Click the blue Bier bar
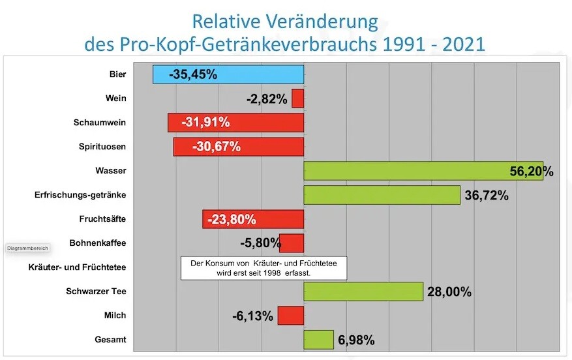[228, 74]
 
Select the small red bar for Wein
[297, 98]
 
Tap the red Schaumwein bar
[235, 123]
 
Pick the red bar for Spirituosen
[238, 147]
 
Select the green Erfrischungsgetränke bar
[382, 195]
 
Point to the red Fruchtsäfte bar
[253, 219]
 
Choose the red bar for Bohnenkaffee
[292, 243]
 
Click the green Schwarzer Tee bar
[363, 292]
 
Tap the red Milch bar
[291, 316]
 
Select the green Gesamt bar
[318, 340]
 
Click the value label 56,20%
[532, 172]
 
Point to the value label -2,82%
[267, 99]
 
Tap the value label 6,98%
[356, 340]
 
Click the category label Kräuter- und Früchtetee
[78, 267]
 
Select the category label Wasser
[111, 171]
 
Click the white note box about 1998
[263, 268]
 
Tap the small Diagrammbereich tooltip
[27, 248]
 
